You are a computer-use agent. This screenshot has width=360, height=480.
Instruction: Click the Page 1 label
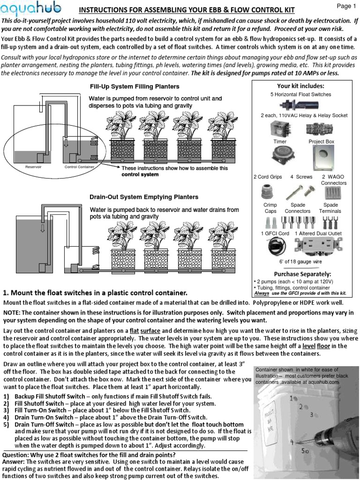(347, 6)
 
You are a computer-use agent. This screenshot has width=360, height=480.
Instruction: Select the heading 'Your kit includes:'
(300, 86)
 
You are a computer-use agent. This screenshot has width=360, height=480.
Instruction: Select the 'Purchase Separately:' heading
(302, 274)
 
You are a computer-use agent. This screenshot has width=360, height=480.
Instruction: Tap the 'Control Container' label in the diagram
(80, 167)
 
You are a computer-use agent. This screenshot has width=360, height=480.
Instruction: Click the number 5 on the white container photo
(304, 450)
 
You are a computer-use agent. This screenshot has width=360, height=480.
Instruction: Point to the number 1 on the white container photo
(292, 398)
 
